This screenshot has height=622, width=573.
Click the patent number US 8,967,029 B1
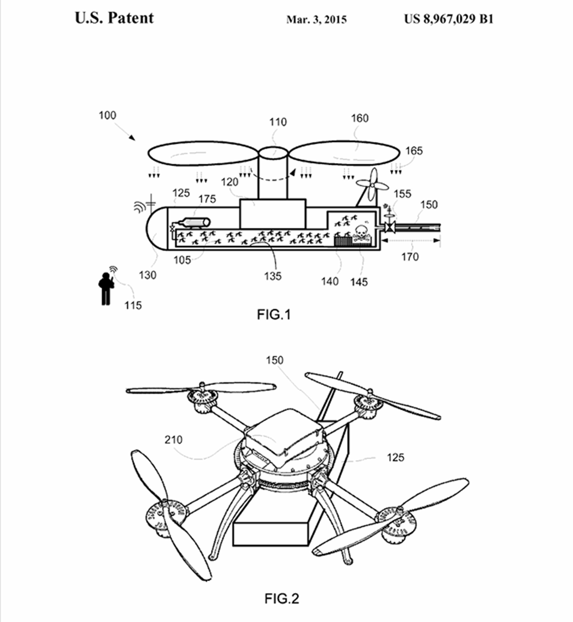point(449,18)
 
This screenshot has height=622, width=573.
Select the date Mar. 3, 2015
point(316,19)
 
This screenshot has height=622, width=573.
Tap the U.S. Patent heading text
point(114,17)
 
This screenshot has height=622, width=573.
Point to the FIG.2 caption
point(281,598)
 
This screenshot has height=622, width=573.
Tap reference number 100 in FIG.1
point(108,115)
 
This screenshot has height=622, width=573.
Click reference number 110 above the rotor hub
point(278,122)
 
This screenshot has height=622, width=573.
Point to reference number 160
point(360,119)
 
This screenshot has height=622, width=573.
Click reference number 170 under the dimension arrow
point(411,257)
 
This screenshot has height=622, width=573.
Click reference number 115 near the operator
point(133,305)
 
